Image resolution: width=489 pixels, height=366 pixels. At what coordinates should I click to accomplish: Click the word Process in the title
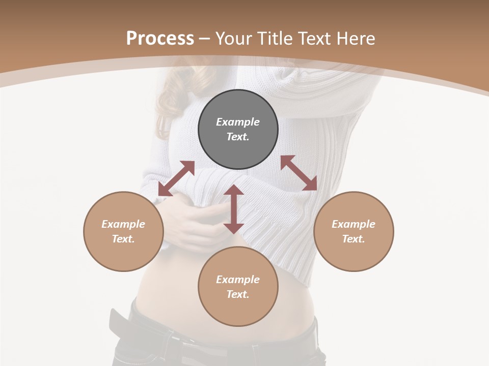[160, 39]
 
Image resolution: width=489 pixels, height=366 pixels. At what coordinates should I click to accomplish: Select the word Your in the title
[235, 39]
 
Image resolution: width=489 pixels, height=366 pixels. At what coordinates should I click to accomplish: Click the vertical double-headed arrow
[234, 209]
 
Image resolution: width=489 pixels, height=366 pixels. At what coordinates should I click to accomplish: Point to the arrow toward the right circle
[299, 173]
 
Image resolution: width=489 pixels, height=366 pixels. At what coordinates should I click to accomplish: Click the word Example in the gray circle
[238, 122]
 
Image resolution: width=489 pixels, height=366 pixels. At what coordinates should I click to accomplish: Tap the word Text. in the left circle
[123, 239]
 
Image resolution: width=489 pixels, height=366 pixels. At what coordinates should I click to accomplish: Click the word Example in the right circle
[354, 224]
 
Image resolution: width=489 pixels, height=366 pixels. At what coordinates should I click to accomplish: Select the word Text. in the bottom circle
[238, 294]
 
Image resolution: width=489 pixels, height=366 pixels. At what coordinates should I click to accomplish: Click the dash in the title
[204, 39]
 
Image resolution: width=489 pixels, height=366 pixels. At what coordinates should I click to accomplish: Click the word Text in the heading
[314, 39]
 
